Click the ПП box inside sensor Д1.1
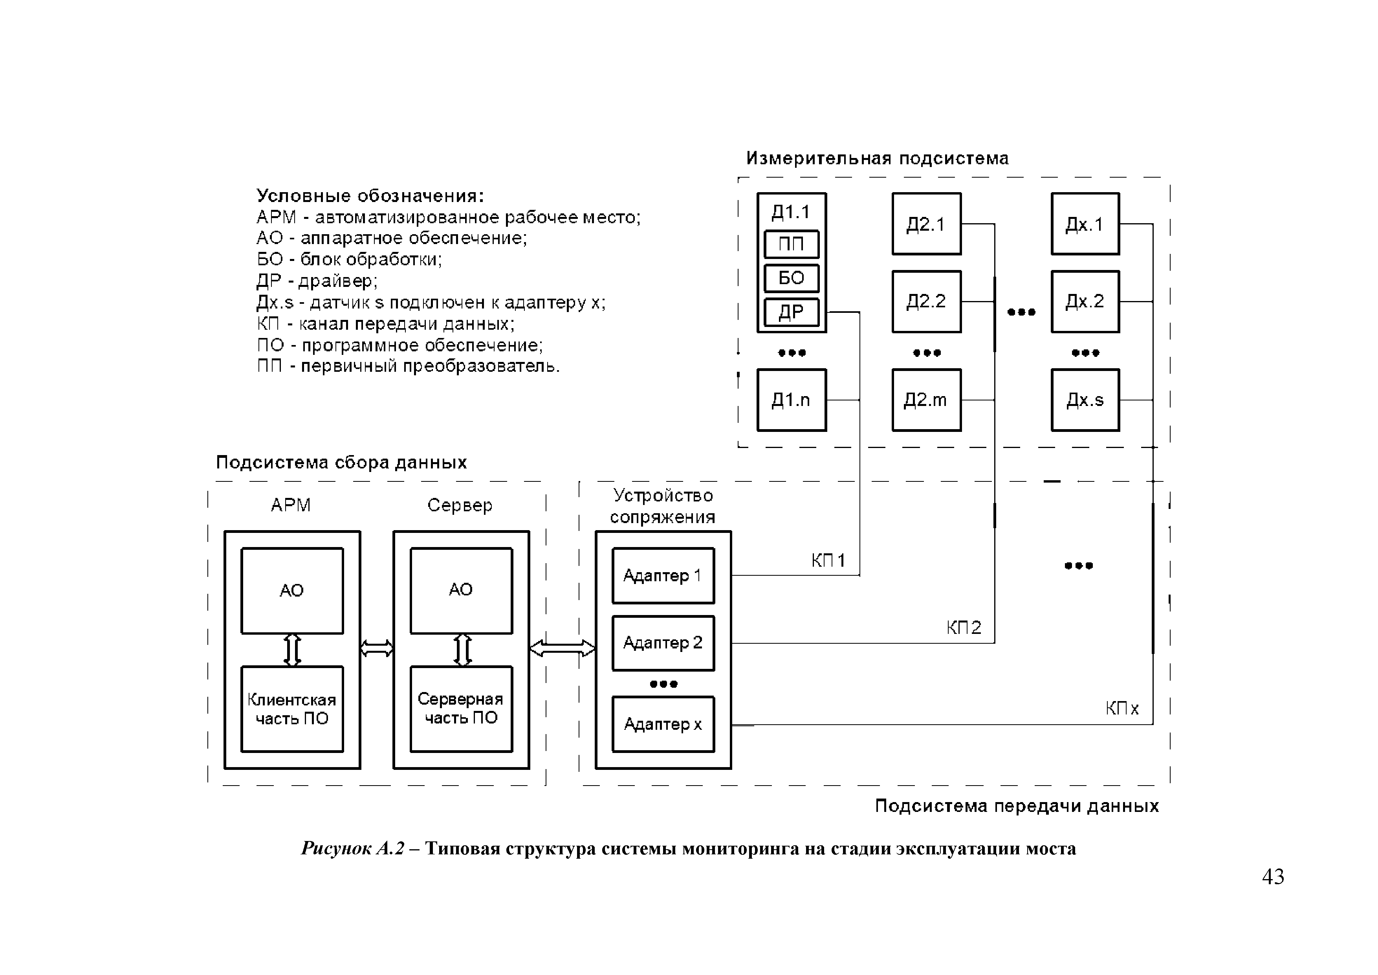tap(791, 244)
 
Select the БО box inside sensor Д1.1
tap(791, 278)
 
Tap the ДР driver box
tap(791, 312)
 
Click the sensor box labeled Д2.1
tap(926, 224)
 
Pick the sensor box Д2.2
tap(926, 301)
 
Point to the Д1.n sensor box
tap(791, 400)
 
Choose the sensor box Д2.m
tap(926, 400)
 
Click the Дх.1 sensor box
tap(1085, 224)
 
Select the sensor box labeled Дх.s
tap(1085, 400)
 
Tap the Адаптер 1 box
tap(663, 576)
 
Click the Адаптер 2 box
tap(663, 643)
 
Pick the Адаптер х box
tap(663, 724)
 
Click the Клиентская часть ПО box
tap(292, 709)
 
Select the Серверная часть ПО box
tap(461, 709)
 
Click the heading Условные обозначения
tap(370, 196)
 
